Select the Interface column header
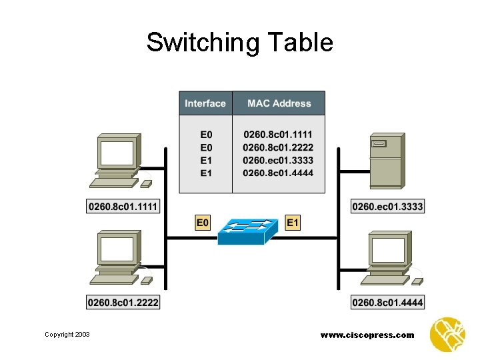point(205,103)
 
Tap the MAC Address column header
point(279,103)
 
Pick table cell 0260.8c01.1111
point(278,134)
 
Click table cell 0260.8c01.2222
point(278,147)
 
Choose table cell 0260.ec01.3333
point(278,160)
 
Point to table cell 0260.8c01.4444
point(278,173)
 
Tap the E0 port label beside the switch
point(203,223)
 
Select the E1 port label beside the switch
point(293,223)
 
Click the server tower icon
point(387,161)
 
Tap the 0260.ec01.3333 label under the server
point(387,207)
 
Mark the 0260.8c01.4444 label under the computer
point(387,303)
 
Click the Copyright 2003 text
point(67,335)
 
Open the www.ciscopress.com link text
point(367,335)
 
